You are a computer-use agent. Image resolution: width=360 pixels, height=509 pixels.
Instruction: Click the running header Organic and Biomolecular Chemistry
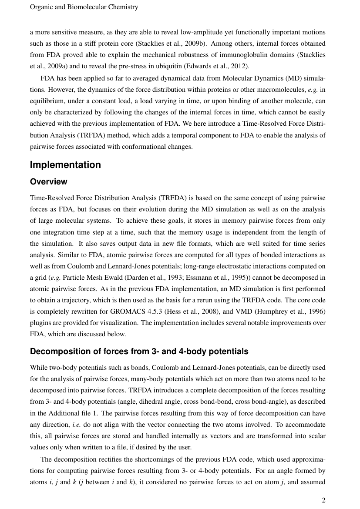coord(84,7)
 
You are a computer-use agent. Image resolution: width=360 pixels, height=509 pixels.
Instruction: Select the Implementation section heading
coord(65,165)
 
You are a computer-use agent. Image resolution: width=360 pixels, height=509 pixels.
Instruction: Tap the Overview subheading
coord(49,182)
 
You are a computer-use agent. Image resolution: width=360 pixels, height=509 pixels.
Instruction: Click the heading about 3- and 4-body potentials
coord(139,352)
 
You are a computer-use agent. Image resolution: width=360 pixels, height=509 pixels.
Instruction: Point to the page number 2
coord(323,500)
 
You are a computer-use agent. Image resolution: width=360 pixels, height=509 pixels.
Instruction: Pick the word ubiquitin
coord(165,66)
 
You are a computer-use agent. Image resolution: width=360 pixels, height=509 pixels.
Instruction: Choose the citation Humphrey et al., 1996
coord(283,311)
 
